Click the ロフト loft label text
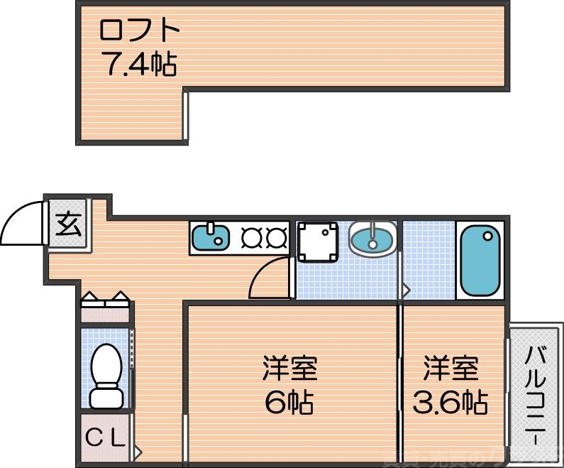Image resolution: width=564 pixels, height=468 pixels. [140, 31]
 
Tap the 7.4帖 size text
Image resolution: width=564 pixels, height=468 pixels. [140, 65]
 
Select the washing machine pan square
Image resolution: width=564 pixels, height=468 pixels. [317, 241]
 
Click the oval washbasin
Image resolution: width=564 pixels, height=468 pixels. [372, 238]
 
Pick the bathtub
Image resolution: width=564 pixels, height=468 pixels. [481, 261]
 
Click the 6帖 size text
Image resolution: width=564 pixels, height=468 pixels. [289, 403]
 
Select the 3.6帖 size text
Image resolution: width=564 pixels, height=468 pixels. [450, 403]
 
